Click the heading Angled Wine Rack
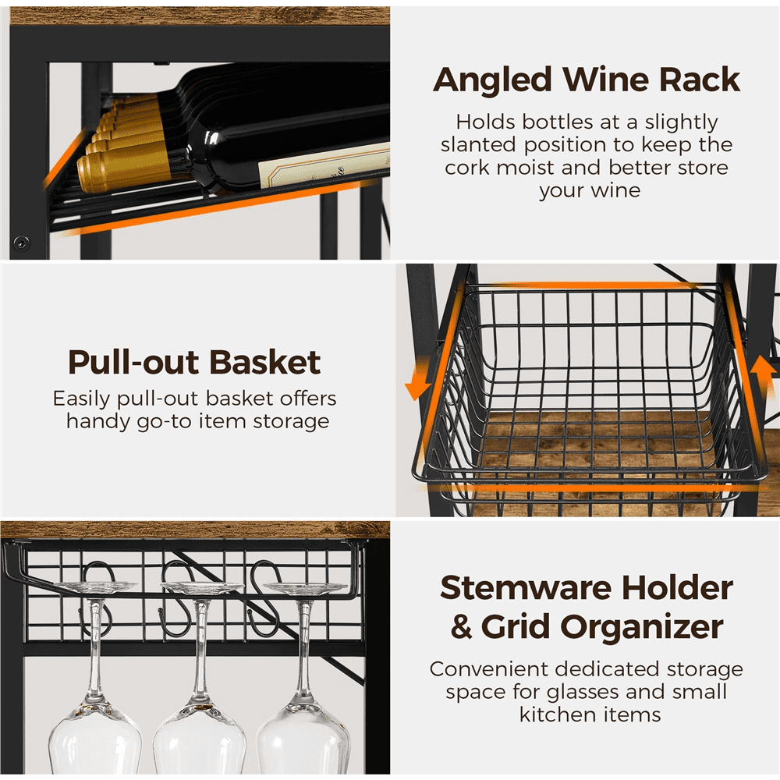coord(587,80)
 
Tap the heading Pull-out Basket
coord(194,362)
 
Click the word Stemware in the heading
coord(526,587)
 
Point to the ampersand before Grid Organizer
coord(461,627)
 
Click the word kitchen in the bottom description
coord(551,714)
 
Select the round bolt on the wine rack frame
coord(21,243)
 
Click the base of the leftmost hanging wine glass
coord(95,587)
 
